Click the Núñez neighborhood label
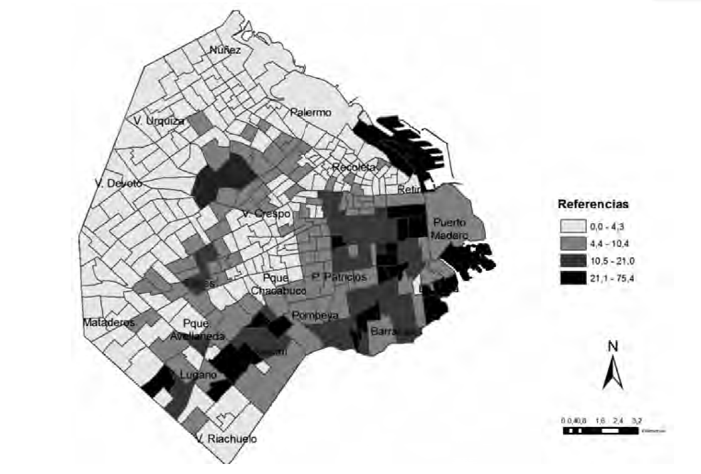click(226, 50)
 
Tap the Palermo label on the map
click(310, 113)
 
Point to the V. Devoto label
click(119, 183)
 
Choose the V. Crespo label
click(266, 214)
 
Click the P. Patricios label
click(339, 277)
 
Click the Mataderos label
click(109, 323)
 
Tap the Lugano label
click(198, 375)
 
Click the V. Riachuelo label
click(226, 439)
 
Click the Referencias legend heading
click(593, 204)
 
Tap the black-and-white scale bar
click(599, 431)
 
